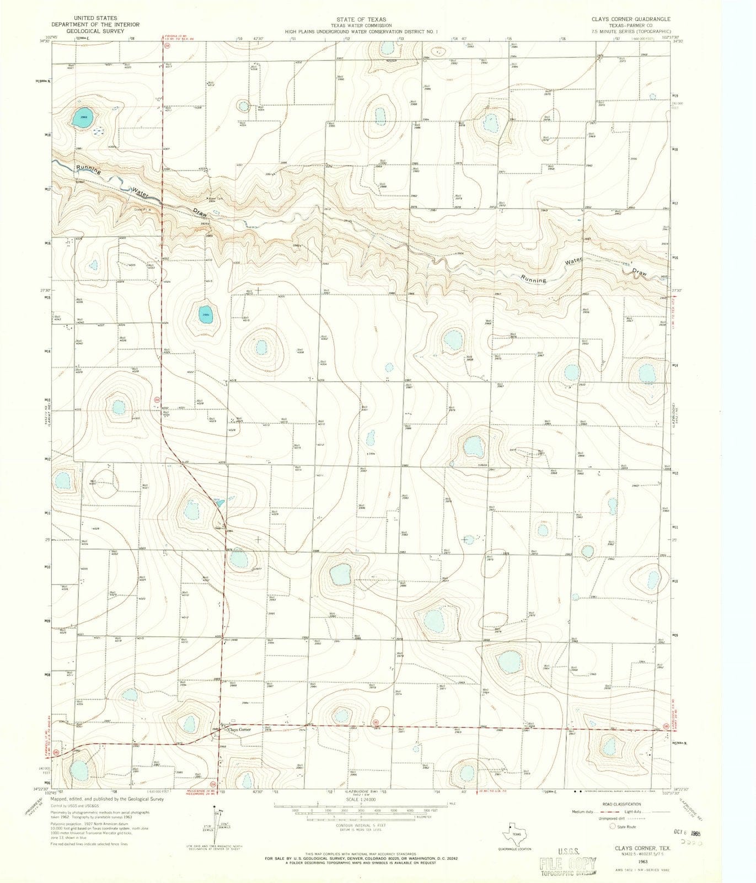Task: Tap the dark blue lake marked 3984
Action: coord(206,315)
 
